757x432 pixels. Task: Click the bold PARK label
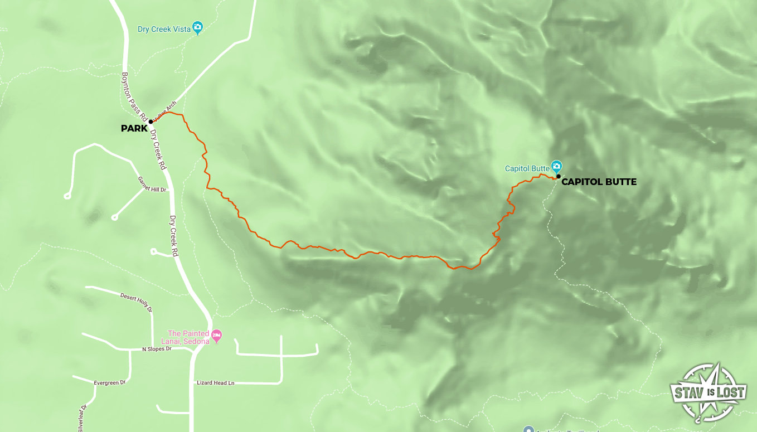click(x=134, y=129)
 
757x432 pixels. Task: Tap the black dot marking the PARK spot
click(x=151, y=122)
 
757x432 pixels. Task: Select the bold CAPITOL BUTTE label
click(x=599, y=182)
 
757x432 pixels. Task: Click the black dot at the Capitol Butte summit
click(x=558, y=176)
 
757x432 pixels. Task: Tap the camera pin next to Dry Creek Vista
click(x=197, y=27)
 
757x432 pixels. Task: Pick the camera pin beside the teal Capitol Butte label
click(x=556, y=166)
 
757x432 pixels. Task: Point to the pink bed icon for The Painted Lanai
click(x=217, y=334)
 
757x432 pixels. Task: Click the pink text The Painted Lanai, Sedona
click(x=188, y=337)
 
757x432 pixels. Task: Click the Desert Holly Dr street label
click(x=136, y=301)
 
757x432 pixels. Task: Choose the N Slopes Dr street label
click(x=157, y=349)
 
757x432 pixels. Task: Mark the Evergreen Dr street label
click(x=110, y=383)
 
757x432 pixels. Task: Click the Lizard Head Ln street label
click(x=215, y=383)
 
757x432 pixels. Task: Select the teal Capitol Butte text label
click(x=526, y=168)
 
